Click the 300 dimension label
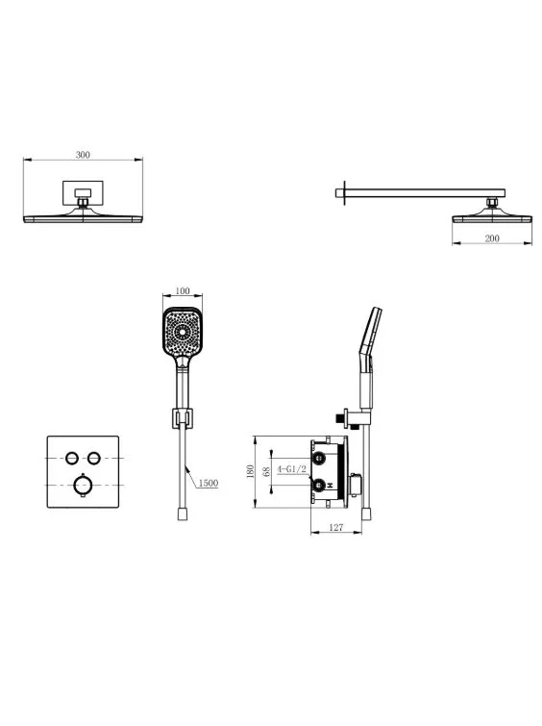[x=83, y=155]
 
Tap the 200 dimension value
[x=492, y=238]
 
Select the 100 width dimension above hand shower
[x=183, y=290]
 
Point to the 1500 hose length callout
[x=209, y=483]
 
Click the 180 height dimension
[x=251, y=471]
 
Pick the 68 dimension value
[x=266, y=471]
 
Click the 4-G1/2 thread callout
[x=291, y=469]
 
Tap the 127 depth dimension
[x=336, y=527]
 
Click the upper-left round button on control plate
[x=71, y=458]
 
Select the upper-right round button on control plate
[x=94, y=458]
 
